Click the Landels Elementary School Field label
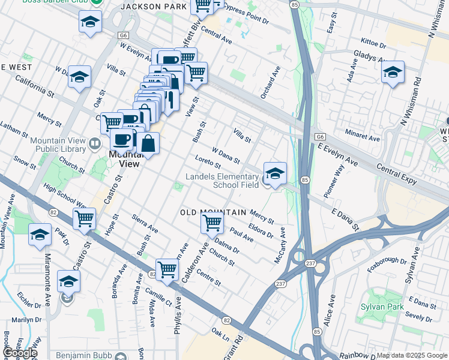pos(222,181)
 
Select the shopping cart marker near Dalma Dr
pos(212,223)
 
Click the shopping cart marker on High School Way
pos(85,218)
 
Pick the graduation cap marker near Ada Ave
pos(393,73)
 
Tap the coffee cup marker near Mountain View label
pos(122,139)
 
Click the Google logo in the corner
pos(20,353)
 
